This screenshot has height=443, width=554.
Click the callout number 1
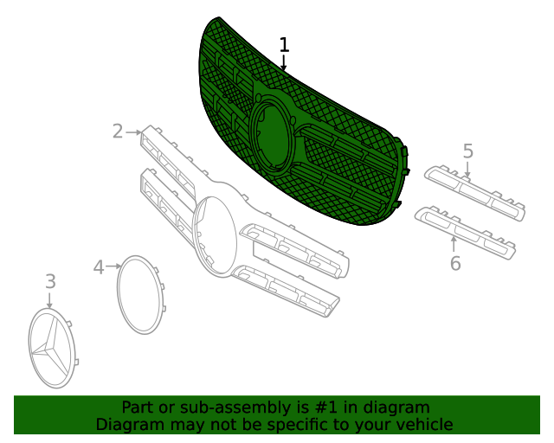tap(284, 45)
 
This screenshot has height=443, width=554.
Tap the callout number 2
tap(118, 131)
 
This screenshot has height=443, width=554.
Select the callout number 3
tap(50, 281)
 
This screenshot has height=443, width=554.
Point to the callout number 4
tap(99, 267)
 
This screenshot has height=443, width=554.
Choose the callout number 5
tap(467, 151)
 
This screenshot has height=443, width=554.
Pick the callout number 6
tap(455, 263)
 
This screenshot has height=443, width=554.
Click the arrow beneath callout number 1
tap(283, 62)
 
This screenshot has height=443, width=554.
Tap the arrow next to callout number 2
tap(133, 132)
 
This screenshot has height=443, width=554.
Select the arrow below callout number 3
tap(49, 300)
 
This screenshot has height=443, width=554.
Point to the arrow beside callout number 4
tap(113, 266)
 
